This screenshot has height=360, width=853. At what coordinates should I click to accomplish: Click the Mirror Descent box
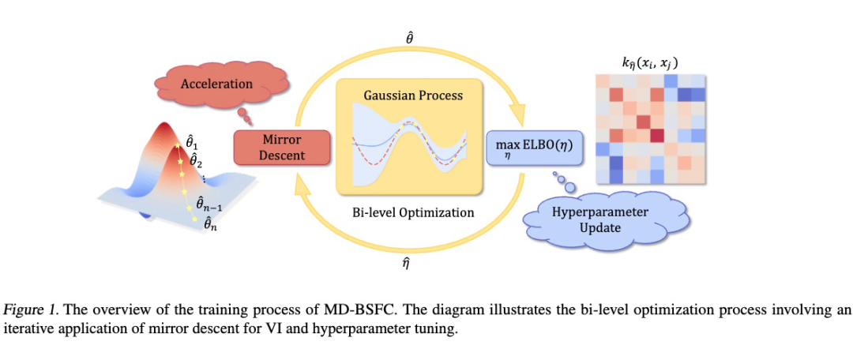tap(281, 147)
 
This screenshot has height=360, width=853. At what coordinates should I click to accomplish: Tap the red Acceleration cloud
tap(216, 84)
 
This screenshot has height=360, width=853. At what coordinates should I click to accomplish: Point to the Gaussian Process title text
tap(413, 96)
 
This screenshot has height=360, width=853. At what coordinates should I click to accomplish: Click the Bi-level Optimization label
tap(413, 212)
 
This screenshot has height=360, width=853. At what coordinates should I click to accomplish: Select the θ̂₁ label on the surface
tap(192, 143)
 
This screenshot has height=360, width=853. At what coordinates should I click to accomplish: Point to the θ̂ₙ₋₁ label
tap(210, 204)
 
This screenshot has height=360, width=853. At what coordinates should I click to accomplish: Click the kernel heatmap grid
tap(648, 129)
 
